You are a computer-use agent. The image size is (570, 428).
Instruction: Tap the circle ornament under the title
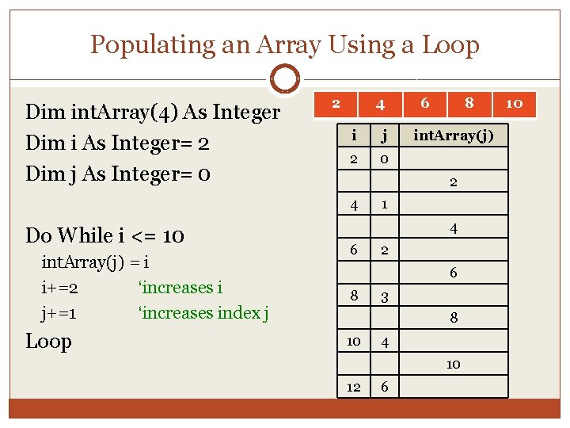(285, 78)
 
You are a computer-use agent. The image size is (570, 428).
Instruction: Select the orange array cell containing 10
(514, 103)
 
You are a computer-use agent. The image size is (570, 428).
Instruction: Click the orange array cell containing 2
(336, 103)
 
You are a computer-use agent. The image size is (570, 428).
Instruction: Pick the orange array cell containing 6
(425, 103)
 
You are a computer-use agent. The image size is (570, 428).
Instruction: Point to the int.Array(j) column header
(454, 136)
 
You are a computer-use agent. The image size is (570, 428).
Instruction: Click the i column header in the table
(354, 136)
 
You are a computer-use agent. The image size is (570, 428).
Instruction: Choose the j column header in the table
(383, 136)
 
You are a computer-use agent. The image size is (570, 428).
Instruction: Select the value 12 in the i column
(354, 386)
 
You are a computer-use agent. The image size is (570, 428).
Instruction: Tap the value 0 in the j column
(383, 159)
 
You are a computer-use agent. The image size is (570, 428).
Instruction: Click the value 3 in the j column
(383, 296)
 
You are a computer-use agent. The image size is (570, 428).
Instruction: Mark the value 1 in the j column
(383, 204)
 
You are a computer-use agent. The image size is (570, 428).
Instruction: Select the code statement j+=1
(59, 313)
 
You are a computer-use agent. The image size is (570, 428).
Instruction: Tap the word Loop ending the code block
(48, 342)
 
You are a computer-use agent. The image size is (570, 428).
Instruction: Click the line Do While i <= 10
(105, 235)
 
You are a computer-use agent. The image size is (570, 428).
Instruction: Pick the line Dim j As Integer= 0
(118, 173)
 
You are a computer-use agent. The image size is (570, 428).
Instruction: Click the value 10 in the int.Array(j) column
(453, 364)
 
